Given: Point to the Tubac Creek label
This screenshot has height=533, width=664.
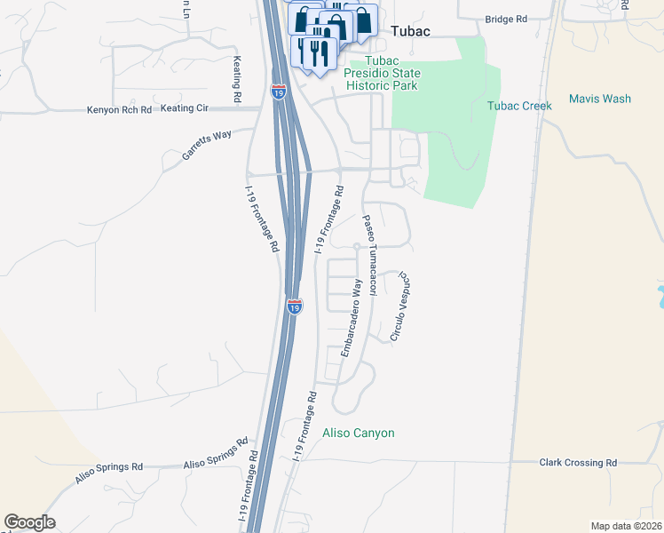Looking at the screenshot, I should [519, 106].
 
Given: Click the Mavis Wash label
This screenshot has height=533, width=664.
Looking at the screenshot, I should [599, 99].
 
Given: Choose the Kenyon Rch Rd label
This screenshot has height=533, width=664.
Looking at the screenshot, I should [120, 109].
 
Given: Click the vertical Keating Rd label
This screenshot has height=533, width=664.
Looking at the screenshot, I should [237, 79].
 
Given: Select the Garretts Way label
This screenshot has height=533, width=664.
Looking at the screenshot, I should [207, 144].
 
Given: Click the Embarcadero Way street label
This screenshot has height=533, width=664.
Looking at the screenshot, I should [352, 317].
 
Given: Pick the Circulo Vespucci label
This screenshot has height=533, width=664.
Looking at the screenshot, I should [400, 308].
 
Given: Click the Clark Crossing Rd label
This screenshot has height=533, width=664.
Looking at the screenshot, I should [578, 463].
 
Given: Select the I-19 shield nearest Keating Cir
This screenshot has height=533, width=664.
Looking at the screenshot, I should [278, 90].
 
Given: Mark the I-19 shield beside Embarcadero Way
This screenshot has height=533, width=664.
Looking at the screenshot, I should [295, 306].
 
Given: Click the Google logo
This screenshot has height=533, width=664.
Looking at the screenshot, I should [29, 522].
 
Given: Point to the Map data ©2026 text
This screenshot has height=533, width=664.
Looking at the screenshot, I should [625, 526].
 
